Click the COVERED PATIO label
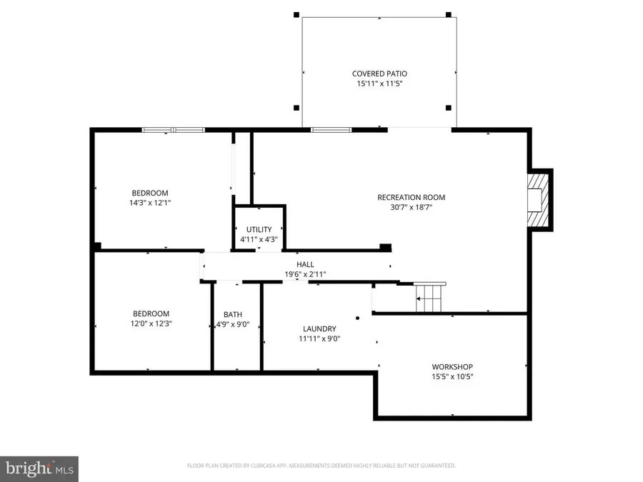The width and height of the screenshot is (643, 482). (379, 74)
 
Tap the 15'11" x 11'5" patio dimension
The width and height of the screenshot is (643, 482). (379, 84)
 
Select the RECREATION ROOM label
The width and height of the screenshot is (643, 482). (412, 197)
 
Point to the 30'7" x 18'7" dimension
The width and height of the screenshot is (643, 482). (412, 207)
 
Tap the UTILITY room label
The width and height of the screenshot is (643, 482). (259, 229)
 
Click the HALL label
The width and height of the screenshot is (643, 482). (305, 264)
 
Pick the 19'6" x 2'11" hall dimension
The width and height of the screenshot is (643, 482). (305, 274)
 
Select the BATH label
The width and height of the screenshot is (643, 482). (232, 314)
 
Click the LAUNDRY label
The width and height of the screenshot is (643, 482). (319, 328)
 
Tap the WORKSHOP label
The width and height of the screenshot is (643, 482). (452, 367)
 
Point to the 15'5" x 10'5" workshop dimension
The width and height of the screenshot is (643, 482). (452, 376)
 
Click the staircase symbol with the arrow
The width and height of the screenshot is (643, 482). (429, 298)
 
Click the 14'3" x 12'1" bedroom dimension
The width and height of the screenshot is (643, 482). (150, 203)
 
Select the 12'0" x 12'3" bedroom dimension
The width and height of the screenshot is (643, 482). (151, 323)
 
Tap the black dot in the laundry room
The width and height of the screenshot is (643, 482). (358, 318)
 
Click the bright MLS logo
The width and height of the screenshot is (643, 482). (39, 469)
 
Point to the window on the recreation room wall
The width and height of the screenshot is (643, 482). (331, 130)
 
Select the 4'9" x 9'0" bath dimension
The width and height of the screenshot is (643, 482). (232, 325)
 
